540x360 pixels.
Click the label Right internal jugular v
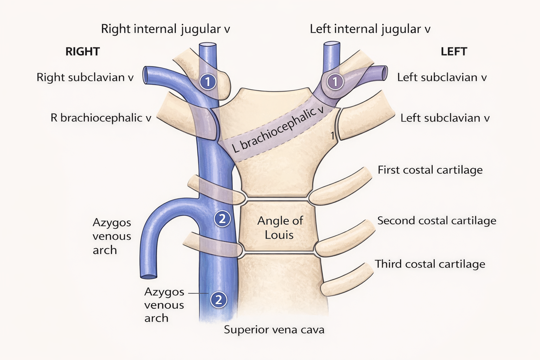coord(165,29)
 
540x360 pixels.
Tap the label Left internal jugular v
coord(370,29)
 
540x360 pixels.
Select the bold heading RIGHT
coord(83,52)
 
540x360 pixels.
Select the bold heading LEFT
coord(454,52)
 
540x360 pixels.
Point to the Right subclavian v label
coord(85,77)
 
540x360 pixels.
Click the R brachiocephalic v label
coord(101,118)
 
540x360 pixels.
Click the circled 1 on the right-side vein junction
coord(208,82)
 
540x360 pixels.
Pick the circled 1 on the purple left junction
coord(335,82)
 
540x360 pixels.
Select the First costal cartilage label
coord(430,170)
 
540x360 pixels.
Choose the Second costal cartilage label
coord(437,221)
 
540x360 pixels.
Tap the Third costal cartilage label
coord(430,264)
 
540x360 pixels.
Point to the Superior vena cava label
coord(274,330)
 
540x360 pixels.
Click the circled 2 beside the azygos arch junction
coord(222,219)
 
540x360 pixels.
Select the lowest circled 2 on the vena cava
coord(218,300)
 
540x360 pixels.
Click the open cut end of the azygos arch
coord(148,276)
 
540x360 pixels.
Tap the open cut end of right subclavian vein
coord(145,75)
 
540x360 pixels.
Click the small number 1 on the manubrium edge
coord(332,135)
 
